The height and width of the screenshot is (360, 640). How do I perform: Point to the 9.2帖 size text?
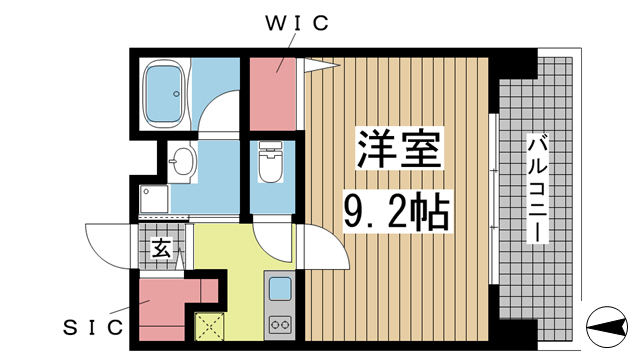point(397,211)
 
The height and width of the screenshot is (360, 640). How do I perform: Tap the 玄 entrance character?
point(160,247)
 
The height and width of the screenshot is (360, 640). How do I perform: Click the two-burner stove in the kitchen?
point(279,324)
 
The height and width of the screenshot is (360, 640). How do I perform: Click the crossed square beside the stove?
point(210,325)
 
